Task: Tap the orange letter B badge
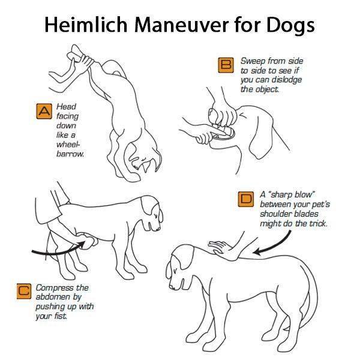click(226, 64)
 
